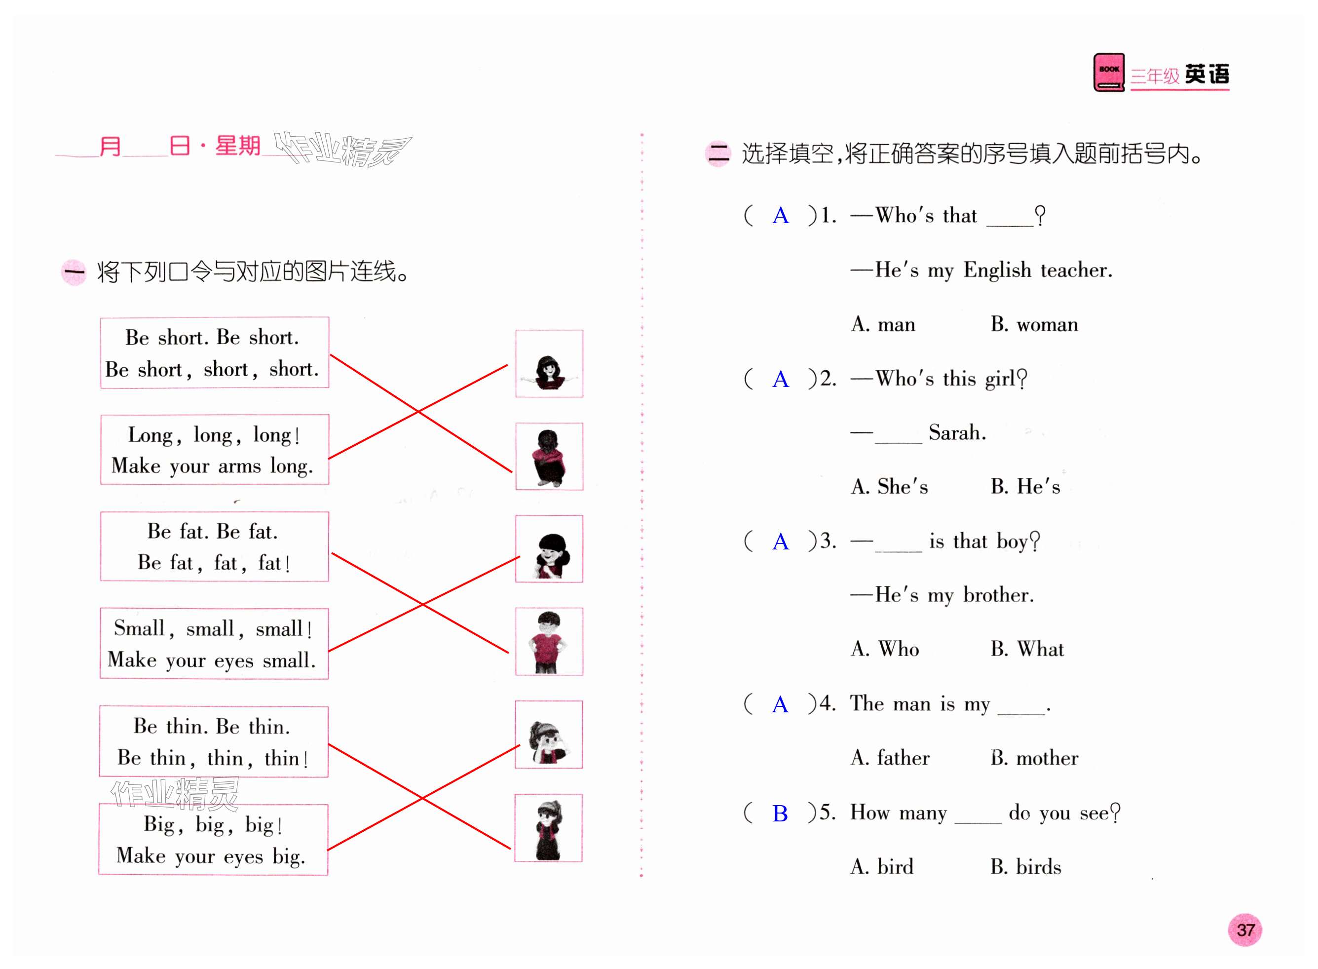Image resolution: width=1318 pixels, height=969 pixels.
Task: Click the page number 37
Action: [1244, 930]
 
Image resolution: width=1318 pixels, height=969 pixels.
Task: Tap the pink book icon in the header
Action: [1108, 73]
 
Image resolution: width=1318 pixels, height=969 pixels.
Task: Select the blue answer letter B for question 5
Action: [780, 814]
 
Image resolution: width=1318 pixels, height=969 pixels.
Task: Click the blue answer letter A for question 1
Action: [780, 216]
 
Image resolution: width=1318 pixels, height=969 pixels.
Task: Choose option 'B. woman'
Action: [1034, 324]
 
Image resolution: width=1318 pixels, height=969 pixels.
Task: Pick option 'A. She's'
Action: [889, 487]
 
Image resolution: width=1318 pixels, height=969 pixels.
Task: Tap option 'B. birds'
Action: [1025, 867]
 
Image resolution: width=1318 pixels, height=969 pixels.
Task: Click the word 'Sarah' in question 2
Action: [956, 433]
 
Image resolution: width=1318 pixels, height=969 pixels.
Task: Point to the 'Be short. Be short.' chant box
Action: [214, 352]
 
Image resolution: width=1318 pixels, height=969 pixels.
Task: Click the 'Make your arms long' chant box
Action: [214, 450]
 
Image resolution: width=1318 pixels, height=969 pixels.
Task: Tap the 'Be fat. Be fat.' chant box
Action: [214, 546]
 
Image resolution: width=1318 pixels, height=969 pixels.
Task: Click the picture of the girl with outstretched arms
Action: [549, 364]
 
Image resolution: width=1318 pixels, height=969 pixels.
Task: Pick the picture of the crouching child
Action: [549, 456]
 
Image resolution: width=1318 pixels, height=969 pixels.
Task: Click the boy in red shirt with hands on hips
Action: [549, 642]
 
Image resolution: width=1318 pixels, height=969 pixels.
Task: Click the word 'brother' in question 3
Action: [998, 595]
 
